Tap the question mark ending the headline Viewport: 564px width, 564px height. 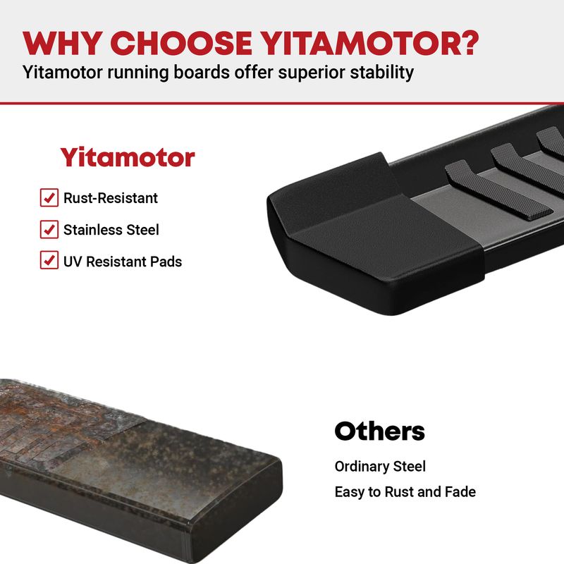click(468, 43)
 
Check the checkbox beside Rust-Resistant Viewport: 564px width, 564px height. click(49, 197)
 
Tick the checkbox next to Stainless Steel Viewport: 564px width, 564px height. click(49, 229)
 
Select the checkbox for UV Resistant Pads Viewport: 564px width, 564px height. click(49, 259)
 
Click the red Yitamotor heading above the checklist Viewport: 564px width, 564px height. click(128, 157)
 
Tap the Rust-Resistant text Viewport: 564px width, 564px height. click(111, 198)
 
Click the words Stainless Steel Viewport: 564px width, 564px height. click(111, 230)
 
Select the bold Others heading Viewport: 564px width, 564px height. click(379, 431)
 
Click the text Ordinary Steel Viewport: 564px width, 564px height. click(380, 466)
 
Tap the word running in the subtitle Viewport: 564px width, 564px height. click(137, 73)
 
